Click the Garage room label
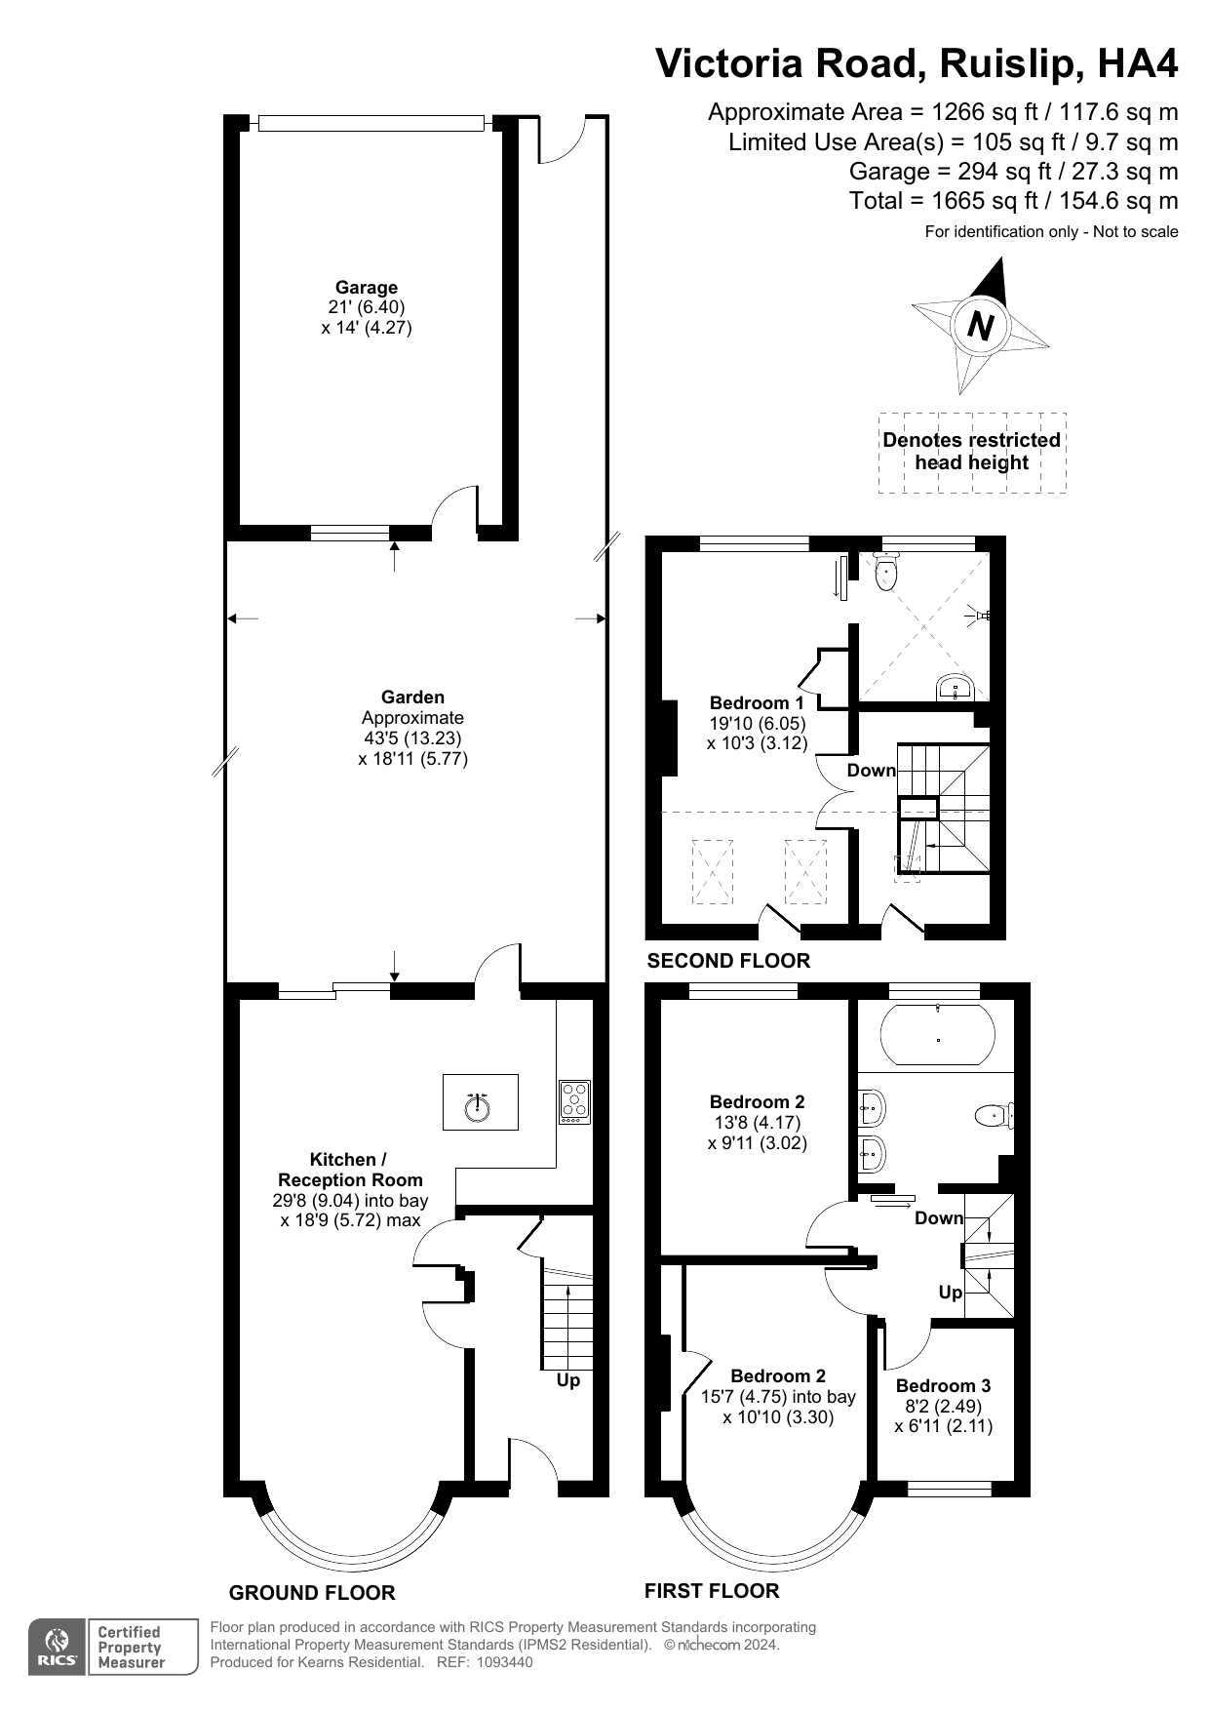(366, 288)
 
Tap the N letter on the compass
(981, 325)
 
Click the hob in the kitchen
(574, 1102)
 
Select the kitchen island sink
(478, 1106)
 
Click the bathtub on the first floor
(938, 1036)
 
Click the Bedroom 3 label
(943, 1385)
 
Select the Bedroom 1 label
(757, 702)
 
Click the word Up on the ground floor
(567, 1380)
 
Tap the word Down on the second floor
(871, 771)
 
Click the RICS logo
(59, 1648)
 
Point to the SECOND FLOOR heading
(728, 961)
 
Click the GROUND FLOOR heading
(312, 1593)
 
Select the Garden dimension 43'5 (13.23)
(412, 738)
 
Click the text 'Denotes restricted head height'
(971, 452)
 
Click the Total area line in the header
(1013, 201)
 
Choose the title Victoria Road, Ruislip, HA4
(916, 63)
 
